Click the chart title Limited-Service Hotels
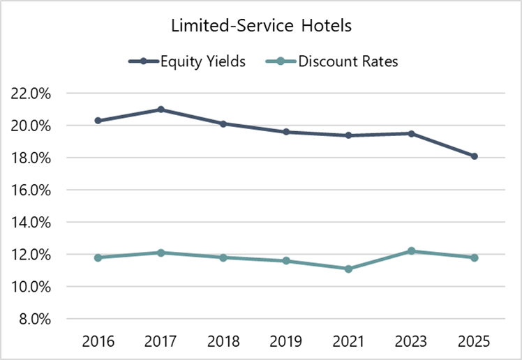click(261, 27)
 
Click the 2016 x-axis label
click(98, 342)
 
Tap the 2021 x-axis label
click(349, 342)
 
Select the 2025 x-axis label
click(475, 342)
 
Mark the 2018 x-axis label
click(223, 342)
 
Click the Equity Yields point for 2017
click(161, 110)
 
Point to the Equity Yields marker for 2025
click(475, 156)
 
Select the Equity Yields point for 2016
click(98, 121)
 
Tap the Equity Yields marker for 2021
click(349, 135)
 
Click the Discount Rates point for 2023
click(412, 251)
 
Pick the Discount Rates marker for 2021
click(349, 269)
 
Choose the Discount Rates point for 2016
click(98, 257)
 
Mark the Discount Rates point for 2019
click(286, 261)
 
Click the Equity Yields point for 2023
click(412, 133)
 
